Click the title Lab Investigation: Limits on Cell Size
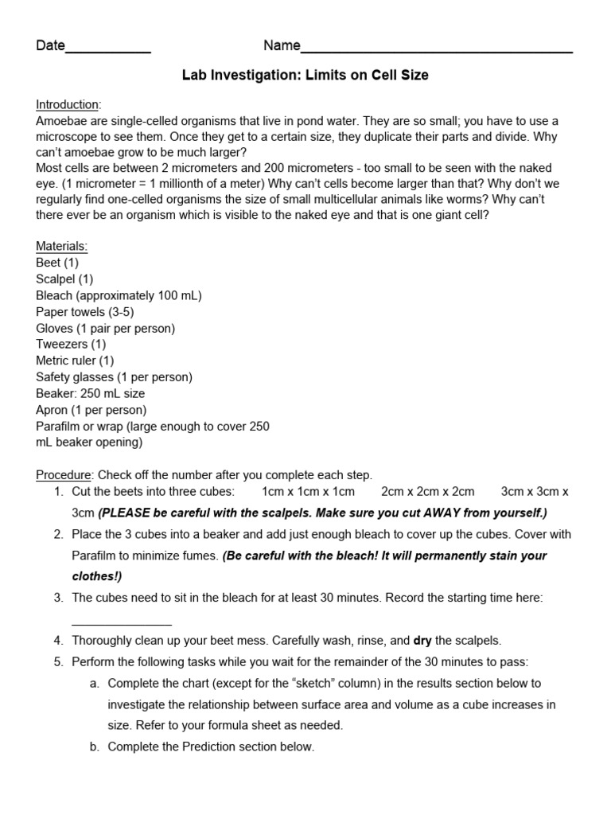305,76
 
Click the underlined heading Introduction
68,104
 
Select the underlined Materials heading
62,246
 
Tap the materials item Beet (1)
57,263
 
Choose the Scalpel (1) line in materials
64,279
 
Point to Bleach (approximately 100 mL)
119,295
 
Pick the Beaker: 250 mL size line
90,393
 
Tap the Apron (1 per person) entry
91,410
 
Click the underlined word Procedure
64,475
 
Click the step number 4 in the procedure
58,640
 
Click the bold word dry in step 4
422,640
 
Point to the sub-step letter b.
94,747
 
